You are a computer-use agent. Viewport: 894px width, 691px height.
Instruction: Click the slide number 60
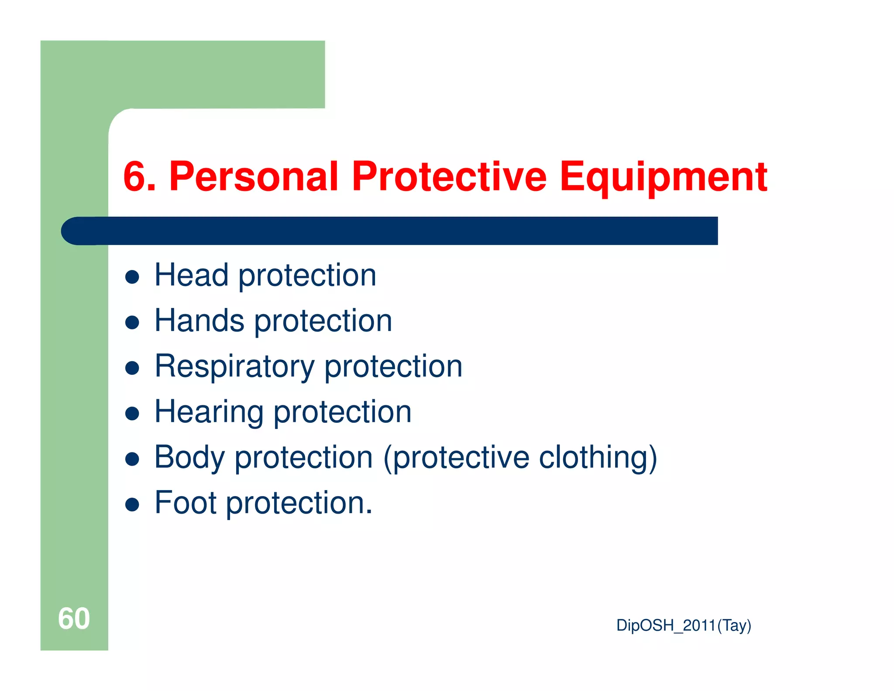tap(74, 618)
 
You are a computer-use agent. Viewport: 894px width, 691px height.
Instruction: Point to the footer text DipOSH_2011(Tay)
tap(683, 625)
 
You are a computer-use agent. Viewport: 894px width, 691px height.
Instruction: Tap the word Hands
tap(199, 321)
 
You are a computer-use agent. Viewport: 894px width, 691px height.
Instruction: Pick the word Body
tap(189, 457)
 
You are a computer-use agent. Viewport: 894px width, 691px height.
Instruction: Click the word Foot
tap(186, 503)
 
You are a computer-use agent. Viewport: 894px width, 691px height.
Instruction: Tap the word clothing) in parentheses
tap(598, 457)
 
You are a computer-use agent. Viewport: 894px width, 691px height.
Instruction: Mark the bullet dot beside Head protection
tap(132, 277)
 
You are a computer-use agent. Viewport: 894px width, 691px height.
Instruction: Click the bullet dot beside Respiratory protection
tap(132, 368)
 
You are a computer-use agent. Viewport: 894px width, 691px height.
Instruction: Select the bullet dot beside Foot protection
tap(132, 505)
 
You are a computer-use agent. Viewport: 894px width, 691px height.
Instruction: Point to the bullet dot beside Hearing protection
tap(132, 414)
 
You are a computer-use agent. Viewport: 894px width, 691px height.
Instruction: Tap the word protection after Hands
tap(323, 321)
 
